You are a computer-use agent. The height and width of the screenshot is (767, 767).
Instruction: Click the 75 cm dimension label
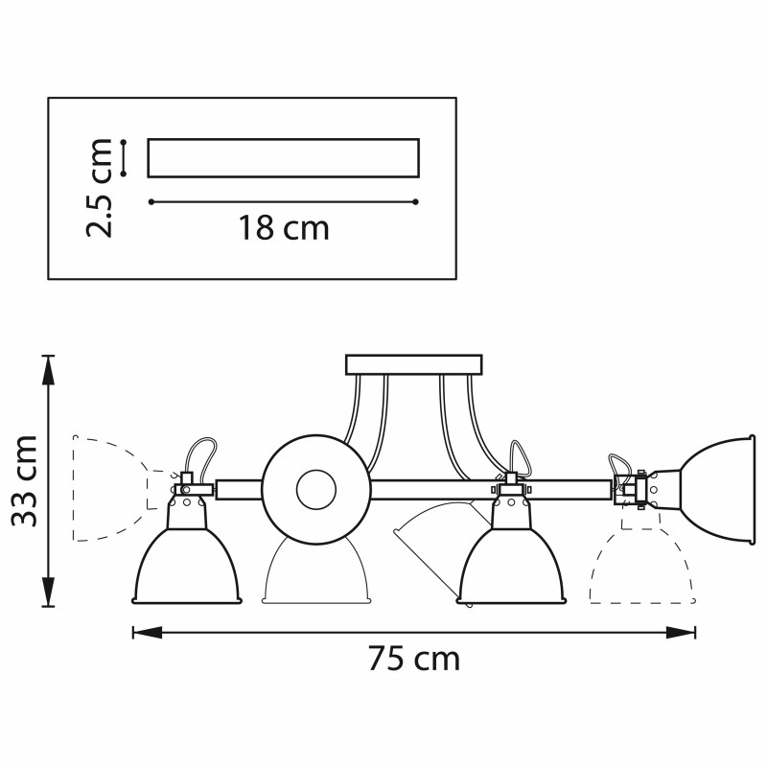click(413, 659)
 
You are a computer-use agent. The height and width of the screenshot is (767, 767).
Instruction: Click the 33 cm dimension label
click(24, 480)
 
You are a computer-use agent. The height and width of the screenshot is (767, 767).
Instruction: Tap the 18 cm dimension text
click(283, 227)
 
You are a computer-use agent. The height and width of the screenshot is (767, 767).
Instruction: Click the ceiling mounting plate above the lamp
click(413, 364)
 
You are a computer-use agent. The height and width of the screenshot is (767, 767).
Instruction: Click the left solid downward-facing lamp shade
click(186, 567)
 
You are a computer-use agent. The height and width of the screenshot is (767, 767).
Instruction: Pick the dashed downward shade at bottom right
click(639, 570)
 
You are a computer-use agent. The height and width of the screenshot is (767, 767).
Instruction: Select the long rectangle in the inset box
click(283, 158)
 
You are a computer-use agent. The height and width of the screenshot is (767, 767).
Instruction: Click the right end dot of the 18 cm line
click(415, 201)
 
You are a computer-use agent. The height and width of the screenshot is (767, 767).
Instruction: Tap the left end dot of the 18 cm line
click(151, 201)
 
